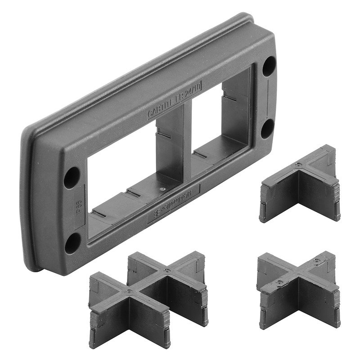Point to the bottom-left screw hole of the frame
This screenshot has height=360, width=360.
pos(72,243)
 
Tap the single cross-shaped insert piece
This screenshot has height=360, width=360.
pos(297,288)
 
